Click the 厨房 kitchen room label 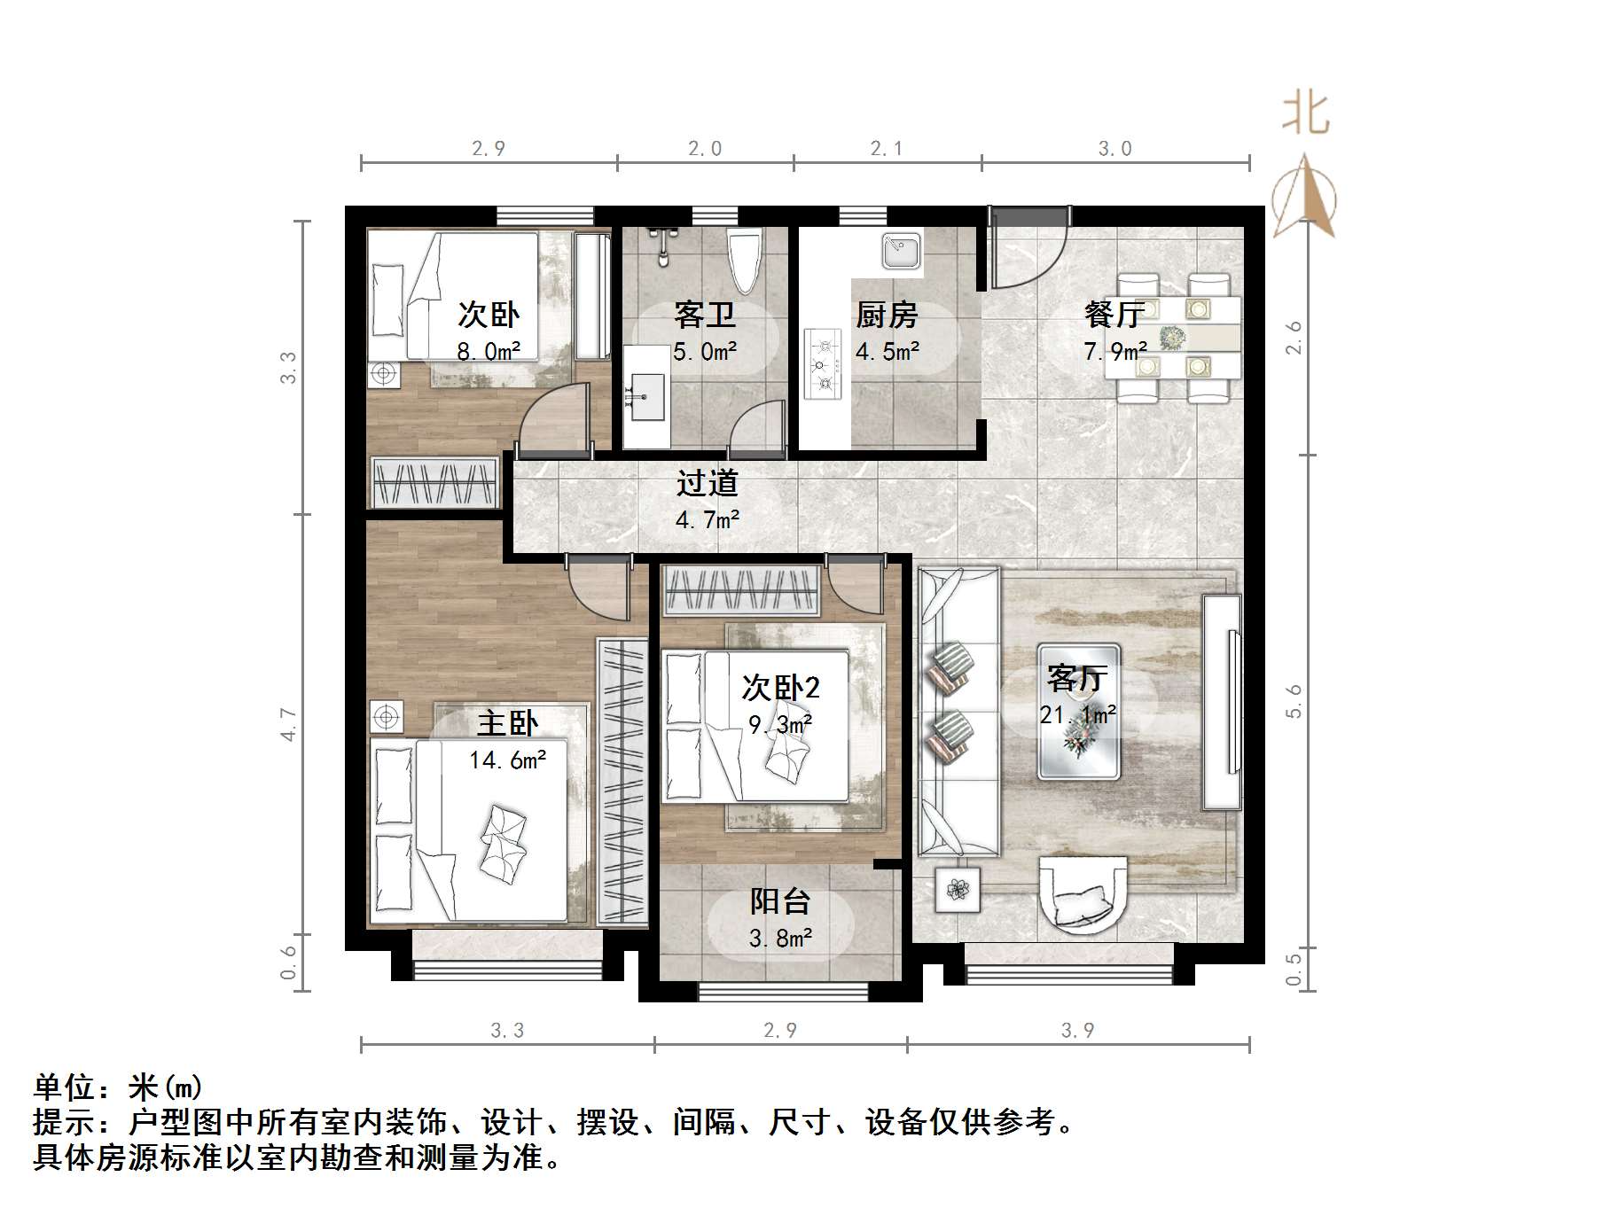point(886,315)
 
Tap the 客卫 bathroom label point(704,315)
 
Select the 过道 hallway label point(707,483)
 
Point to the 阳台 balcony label point(780,901)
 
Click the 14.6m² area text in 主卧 point(507,760)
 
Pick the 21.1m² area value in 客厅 point(1077,714)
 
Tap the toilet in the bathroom point(744,259)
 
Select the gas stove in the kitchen point(822,362)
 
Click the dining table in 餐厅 point(1172,338)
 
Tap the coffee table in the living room point(1078,711)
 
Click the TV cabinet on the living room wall point(1221,701)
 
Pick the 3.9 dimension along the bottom point(1077,1030)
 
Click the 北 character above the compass point(1305,114)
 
